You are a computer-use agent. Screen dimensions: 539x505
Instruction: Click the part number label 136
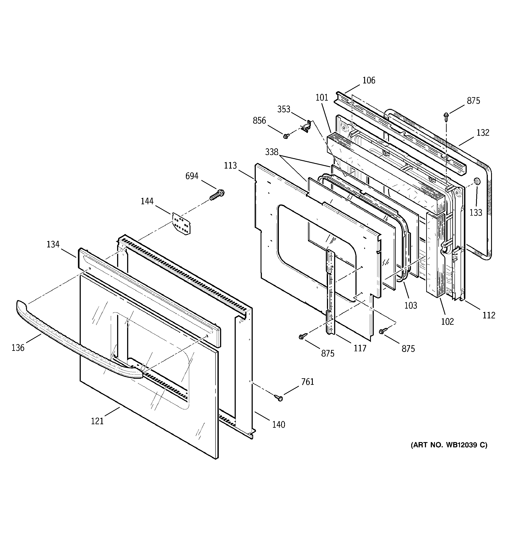[x=18, y=348]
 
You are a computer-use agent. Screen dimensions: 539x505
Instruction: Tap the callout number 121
[x=97, y=421]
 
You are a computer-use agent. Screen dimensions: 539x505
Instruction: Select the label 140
[x=279, y=424]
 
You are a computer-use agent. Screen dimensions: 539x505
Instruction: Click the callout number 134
[x=53, y=244]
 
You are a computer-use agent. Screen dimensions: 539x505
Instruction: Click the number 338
[x=272, y=152]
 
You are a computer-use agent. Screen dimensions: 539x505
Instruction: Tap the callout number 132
[x=483, y=133]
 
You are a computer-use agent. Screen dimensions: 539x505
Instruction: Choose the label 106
[x=369, y=80]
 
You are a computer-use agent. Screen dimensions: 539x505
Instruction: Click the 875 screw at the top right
[x=446, y=116]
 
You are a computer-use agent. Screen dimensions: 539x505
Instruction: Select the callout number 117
[x=360, y=348]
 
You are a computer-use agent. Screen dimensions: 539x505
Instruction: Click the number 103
[x=411, y=306]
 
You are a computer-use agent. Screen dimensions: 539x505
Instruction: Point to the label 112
[x=489, y=315]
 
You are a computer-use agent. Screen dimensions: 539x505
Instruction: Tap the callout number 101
[x=322, y=97]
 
